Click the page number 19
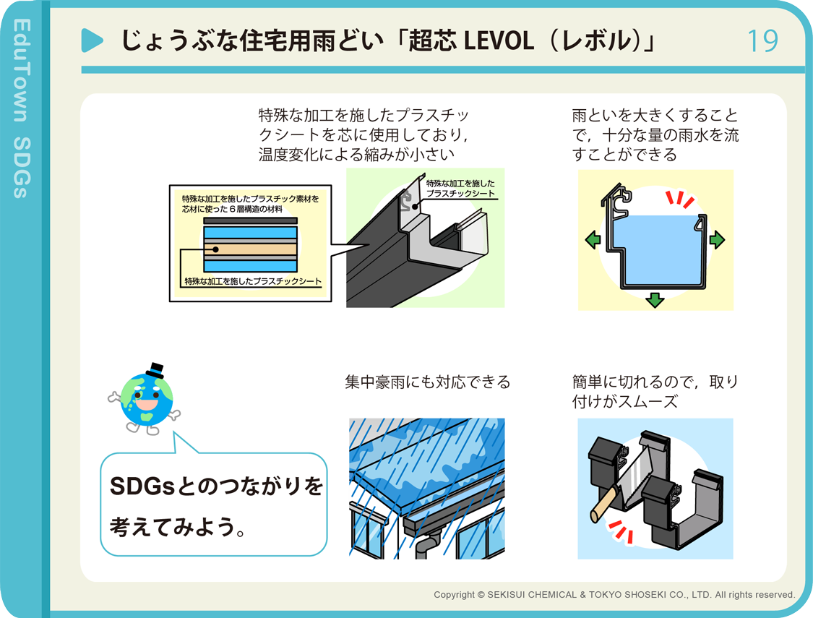[762, 41]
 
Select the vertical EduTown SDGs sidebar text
[22, 108]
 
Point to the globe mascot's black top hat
[155, 370]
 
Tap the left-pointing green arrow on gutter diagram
[593, 239]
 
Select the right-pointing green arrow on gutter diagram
[717, 239]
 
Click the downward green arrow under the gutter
[655, 300]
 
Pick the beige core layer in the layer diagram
[251, 249]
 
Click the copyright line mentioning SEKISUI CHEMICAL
[614, 595]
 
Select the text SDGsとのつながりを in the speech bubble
[217, 486]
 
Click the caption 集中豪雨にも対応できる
[427, 382]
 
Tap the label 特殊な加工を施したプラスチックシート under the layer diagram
[253, 281]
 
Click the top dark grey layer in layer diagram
[251, 221]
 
